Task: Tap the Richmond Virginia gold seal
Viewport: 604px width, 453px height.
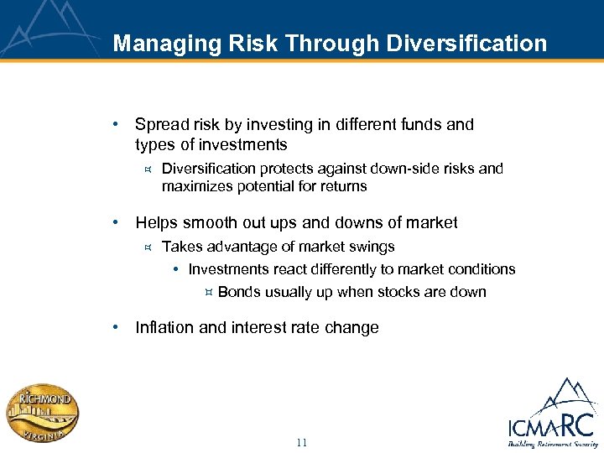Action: [x=44, y=413]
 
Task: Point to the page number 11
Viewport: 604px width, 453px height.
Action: [x=302, y=442]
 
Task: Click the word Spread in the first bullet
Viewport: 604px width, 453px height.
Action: [x=161, y=125]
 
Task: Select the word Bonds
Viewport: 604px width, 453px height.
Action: [x=239, y=292]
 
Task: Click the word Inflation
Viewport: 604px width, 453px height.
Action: [x=164, y=328]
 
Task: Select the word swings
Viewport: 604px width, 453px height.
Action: [x=372, y=247]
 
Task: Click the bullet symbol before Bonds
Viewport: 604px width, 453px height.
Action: [x=209, y=292]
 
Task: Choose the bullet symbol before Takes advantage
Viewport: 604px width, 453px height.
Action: [x=147, y=247]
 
